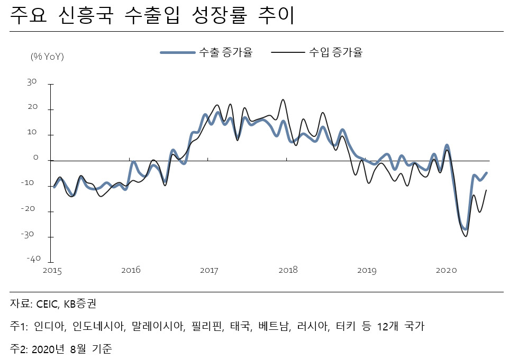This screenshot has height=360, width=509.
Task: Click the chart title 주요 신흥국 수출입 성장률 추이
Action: (152, 15)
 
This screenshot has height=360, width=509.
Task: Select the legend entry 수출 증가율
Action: (206, 52)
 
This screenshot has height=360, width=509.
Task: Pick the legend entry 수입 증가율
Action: (317, 52)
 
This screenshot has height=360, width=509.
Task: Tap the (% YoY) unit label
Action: (47, 57)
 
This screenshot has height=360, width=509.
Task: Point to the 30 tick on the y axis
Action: (32, 82)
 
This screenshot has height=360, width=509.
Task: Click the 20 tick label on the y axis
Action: (32, 107)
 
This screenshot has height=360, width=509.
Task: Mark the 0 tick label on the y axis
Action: (35, 158)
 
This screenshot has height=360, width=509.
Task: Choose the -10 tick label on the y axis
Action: (28, 183)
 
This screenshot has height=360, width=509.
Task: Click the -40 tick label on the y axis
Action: (33, 259)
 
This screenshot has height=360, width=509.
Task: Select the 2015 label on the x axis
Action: (52, 271)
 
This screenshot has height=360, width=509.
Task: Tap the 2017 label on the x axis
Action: (209, 271)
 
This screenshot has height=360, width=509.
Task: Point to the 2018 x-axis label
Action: (288, 270)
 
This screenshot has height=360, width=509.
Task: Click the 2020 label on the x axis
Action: (446, 271)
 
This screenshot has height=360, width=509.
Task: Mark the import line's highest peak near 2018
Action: (283, 99)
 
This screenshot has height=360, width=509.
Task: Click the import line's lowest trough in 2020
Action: (466, 236)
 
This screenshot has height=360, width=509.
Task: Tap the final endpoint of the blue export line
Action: (486, 173)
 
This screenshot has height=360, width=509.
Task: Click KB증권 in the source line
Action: (80, 304)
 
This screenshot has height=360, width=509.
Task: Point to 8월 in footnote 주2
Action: (78, 349)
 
